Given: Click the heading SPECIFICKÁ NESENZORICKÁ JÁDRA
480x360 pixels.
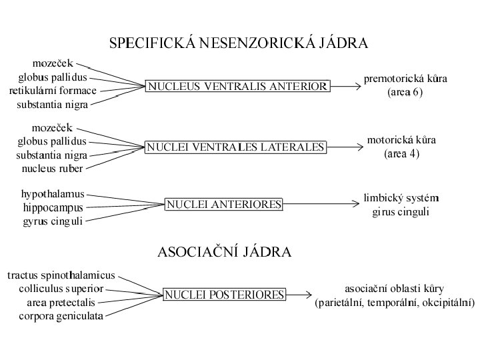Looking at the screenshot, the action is click(x=239, y=44).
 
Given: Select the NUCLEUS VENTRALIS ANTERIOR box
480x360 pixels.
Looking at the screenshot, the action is click(x=237, y=86).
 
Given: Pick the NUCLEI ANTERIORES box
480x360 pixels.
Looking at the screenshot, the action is click(x=224, y=204).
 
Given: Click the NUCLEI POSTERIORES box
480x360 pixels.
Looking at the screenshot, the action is click(x=225, y=293).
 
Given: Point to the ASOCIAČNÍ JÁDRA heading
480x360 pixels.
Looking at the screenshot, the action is click(x=224, y=252).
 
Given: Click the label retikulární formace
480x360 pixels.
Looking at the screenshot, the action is click(x=53, y=91).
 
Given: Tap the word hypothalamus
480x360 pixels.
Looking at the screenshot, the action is click(x=53, y=194).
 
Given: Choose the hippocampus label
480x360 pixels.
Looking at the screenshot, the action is click(x=53, y=207).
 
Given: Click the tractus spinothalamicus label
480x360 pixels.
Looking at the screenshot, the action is click(x=61, y=275).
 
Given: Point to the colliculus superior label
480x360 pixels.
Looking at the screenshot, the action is click(x=61, y=289).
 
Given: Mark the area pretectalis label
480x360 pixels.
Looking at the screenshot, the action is click(x=61, y=302).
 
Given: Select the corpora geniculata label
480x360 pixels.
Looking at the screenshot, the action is click(x=61, y=316).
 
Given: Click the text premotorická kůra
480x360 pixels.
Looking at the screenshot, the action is click(x=405, y=79).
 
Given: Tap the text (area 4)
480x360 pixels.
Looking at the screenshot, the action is click(x=401, y=154).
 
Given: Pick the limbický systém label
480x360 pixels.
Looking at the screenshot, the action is click(x=401, y=198).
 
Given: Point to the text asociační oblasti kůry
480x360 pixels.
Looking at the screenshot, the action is click(x=394, y=289).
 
